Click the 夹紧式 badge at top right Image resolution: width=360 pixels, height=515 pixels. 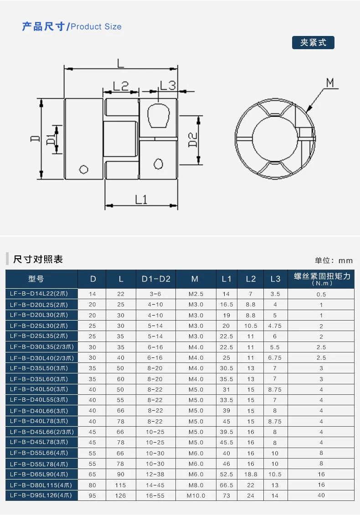click(313, 43)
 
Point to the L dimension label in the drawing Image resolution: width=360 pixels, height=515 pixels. click(120, 63)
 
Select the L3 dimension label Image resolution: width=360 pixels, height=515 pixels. click(167, 85)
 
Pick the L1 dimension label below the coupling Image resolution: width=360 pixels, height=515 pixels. click(140, 199)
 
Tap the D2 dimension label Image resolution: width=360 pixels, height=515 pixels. click(193, 140)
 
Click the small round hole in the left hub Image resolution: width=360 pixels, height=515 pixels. click(83, 169)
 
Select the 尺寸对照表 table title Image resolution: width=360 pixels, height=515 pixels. click(38, 260)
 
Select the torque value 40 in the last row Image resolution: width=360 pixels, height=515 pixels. click(321, 495)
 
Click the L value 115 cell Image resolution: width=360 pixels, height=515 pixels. click(120, 484)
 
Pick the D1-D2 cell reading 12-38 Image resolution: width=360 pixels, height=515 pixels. click(155, 474)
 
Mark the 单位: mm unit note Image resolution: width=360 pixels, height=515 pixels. click(334, 260)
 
